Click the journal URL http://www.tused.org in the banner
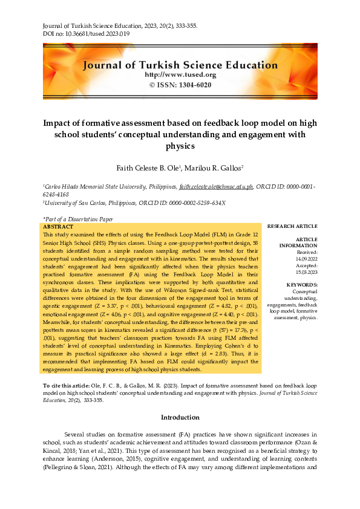(180, 74)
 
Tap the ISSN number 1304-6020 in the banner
(193, 85)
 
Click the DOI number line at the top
(86, 34)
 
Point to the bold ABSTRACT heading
(59, 227)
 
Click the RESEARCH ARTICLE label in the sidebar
(292, 226)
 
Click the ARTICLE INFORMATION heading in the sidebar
(298, 242)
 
